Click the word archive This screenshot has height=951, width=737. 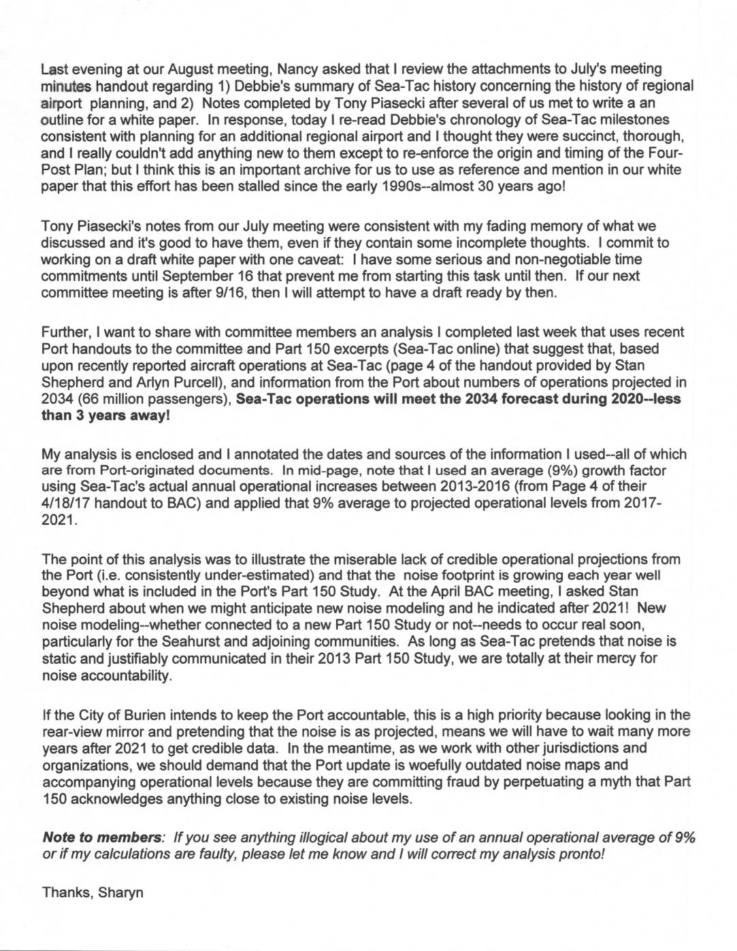(x=293, y=170)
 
